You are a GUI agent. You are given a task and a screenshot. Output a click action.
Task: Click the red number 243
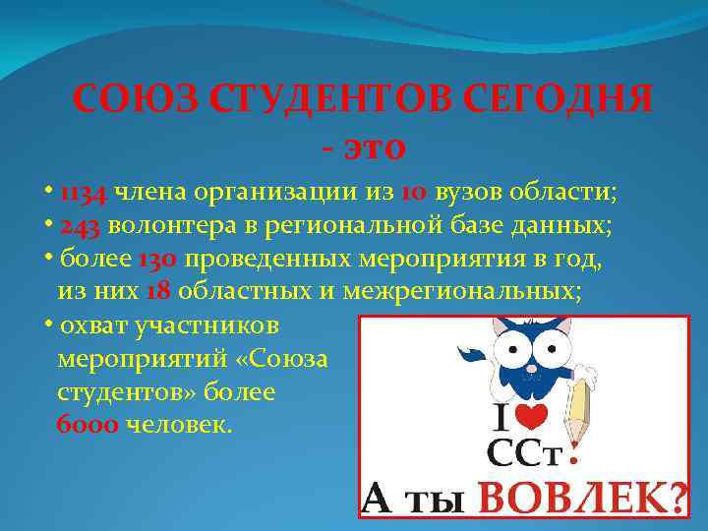click(81, 225)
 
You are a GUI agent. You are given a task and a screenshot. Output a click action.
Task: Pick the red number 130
click(157, 260)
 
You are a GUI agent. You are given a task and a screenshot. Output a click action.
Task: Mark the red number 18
click(158, 292)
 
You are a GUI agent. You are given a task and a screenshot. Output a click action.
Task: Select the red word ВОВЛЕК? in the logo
click(582, 501)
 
